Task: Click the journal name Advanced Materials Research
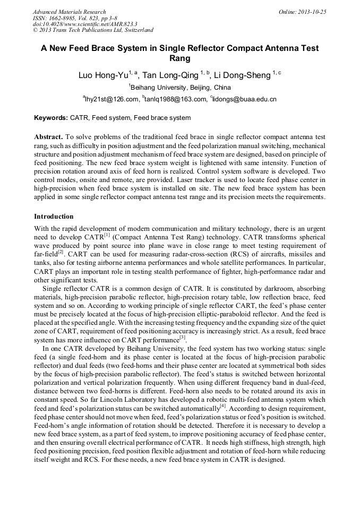click(x=69, y=12)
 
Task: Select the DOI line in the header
click(x=85, y=24)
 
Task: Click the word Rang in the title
click(x=179, y=58)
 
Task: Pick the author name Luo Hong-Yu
click(x=104, y=75)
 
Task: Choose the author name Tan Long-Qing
click(x=173, y=75)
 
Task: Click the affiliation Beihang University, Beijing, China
click(x=181, y=88)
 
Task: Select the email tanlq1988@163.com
click(x=176, y=99)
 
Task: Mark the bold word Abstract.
click(x=48, y=136)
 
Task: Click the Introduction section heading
click(x=54, y=217)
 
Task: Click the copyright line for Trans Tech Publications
click(x=93, y=31)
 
